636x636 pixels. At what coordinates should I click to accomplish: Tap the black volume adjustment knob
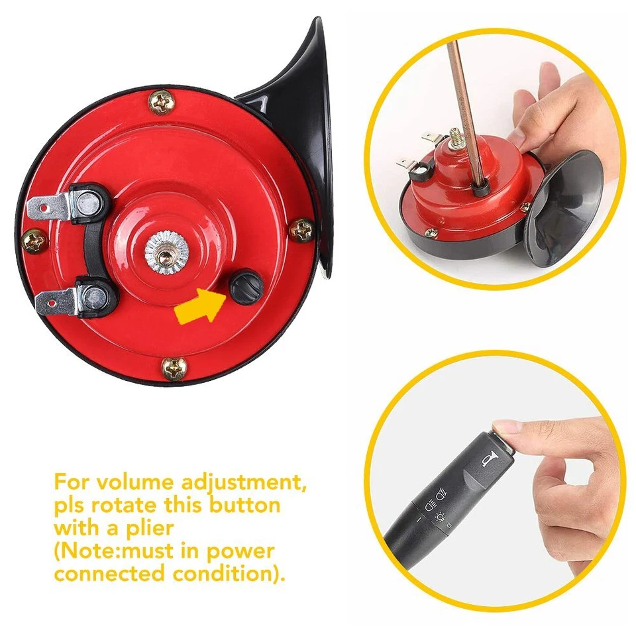pos(247,286)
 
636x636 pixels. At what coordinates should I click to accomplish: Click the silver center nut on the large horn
pos(164,252)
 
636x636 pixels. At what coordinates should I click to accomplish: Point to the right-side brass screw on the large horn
pos(301,229)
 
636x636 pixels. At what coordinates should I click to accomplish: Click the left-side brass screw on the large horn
pos(33,240)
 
